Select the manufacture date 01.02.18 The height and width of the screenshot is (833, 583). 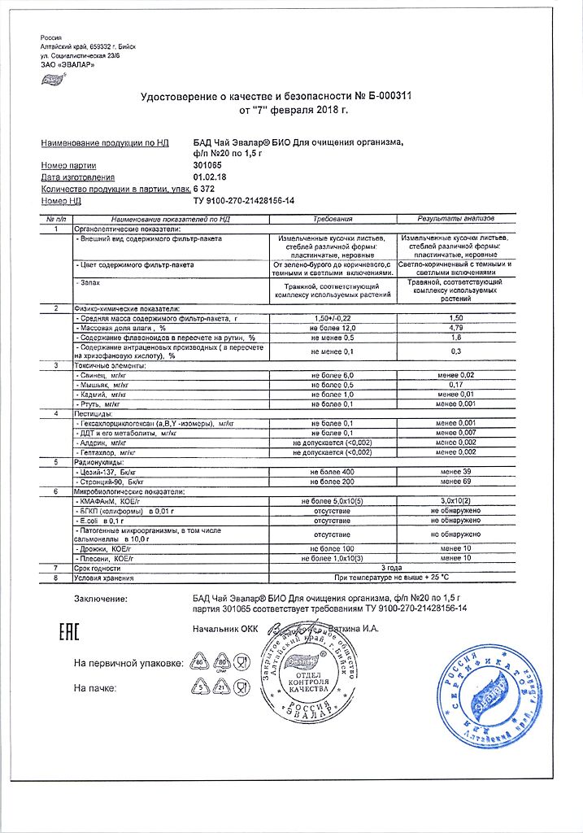pos(208,177)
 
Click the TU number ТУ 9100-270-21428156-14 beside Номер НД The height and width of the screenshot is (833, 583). pos(243,200)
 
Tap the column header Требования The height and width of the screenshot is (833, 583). pos(333,220)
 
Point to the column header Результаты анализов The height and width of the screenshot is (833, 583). pos(456,220)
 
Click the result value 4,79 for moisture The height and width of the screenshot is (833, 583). pos(456,327)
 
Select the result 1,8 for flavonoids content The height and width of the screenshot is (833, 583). pos(456,337)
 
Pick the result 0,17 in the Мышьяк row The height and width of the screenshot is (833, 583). pos(456,385)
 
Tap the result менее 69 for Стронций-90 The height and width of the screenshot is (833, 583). pos(456,482)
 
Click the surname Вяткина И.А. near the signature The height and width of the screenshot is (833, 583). pos(352,628)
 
